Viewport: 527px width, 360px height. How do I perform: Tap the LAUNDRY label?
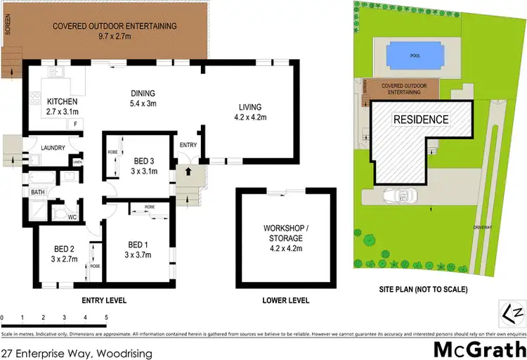53,148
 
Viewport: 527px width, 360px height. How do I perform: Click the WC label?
72,217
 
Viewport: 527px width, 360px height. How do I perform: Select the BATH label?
37,192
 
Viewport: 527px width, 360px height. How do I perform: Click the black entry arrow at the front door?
188,170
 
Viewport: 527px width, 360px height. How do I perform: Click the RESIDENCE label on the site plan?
420,120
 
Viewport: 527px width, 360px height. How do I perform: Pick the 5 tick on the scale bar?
106,318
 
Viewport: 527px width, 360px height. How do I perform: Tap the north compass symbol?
512,310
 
